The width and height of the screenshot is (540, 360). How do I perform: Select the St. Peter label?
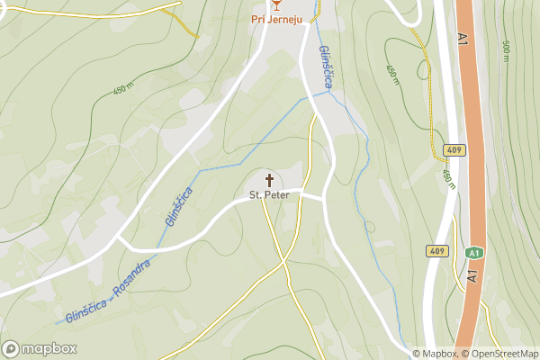[x=268, y=194]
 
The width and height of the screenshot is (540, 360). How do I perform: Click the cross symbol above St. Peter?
[x=268, y=180]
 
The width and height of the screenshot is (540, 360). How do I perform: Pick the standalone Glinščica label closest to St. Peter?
[x=178, y=205]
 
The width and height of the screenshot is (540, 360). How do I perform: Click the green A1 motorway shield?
[x=472, y=255]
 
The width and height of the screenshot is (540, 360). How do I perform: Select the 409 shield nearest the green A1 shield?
[x=438, y=250]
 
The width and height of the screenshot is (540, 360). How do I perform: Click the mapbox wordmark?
[x=49, y=348]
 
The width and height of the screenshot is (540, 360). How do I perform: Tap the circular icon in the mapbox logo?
[x=11, y=348]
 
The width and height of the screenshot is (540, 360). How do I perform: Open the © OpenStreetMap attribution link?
[x=500, y=354]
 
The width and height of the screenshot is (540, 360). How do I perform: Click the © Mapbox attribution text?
[x=436, y=354]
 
